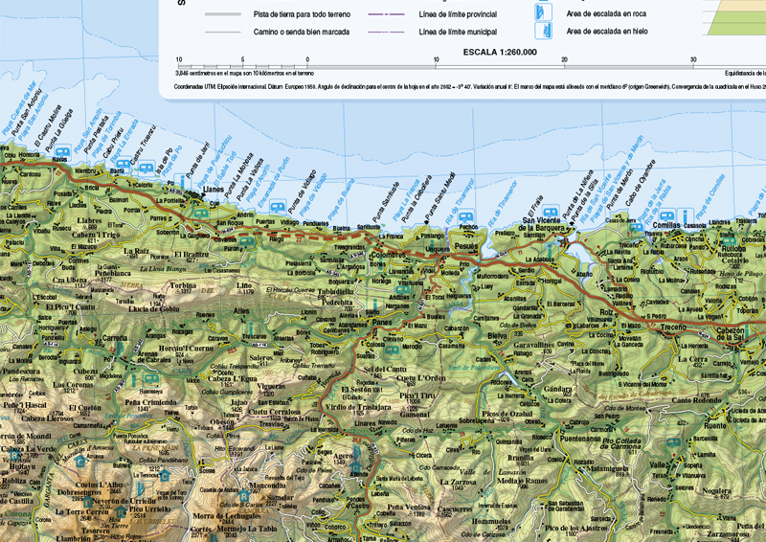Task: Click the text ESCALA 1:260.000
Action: click(499, 52)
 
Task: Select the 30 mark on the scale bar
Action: click(693, 59)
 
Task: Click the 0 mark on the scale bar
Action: click(307, 59)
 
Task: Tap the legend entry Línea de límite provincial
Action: click(458, 15)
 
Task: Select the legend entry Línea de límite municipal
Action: click(457, 32)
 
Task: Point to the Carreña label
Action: click(116, 339)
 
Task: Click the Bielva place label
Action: click(497, 337)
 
